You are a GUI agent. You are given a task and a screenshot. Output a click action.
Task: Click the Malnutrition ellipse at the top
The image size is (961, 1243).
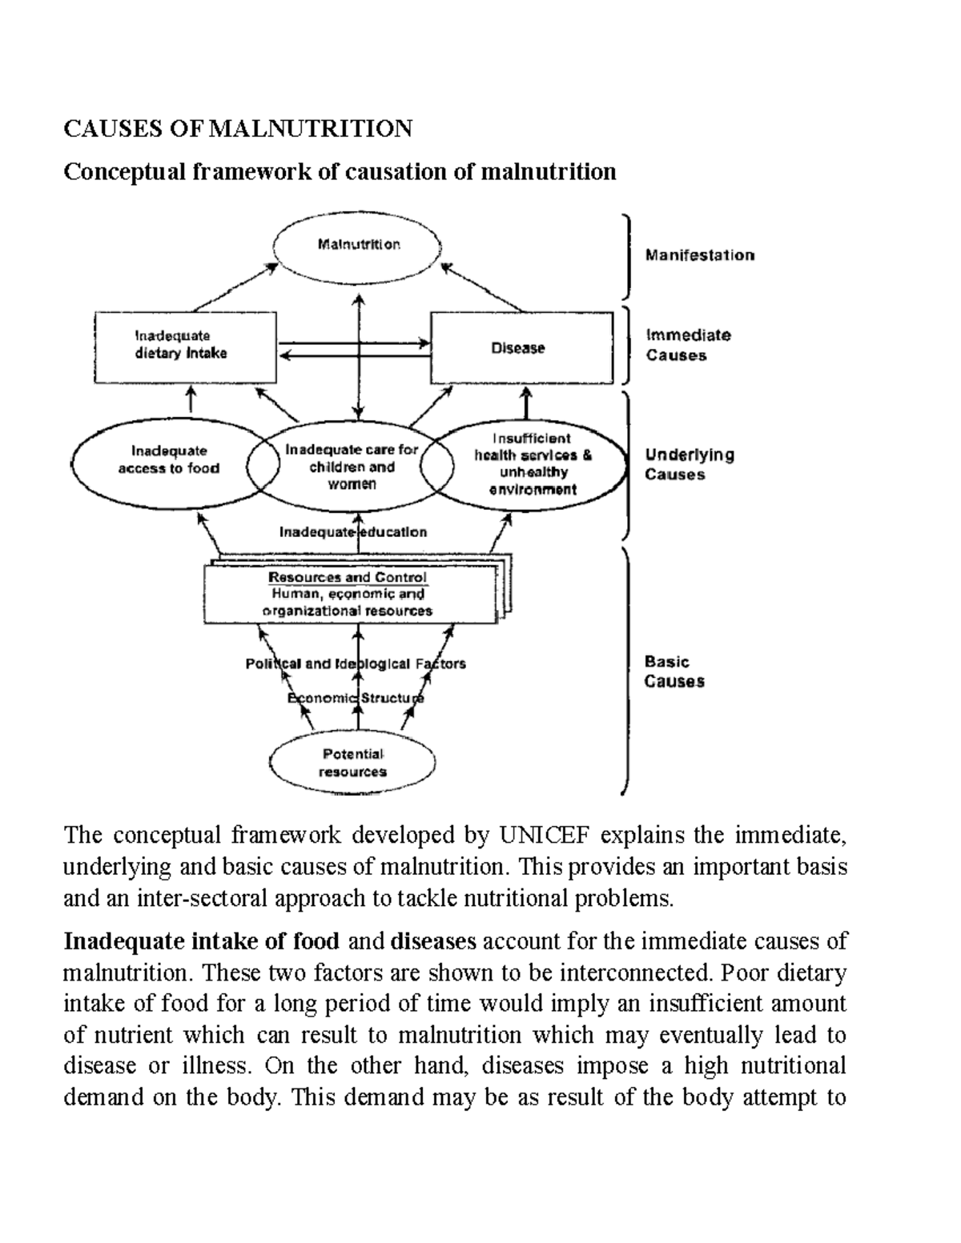point(358,245)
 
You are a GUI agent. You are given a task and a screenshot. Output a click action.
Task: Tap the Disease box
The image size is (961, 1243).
point(521,348)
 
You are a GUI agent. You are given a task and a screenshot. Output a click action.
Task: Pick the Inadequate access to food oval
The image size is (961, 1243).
point(168,460)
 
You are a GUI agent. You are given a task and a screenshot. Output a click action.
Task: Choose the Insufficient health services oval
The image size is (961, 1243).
point(533,464)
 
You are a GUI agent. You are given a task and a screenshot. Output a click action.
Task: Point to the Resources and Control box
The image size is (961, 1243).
point(351,594)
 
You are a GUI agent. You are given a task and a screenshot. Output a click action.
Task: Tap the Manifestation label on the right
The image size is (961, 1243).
point(700,255)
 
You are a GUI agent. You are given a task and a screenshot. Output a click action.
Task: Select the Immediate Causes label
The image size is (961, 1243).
point(688,345)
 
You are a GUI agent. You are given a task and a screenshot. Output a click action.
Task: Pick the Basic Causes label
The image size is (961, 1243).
point(674,672)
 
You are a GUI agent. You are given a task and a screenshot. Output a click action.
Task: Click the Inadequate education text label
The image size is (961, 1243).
point(352,532)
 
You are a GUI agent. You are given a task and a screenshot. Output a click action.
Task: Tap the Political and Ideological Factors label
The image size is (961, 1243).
point(355,664)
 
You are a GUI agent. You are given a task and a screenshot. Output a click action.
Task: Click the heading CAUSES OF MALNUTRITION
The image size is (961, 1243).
point(238,128)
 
